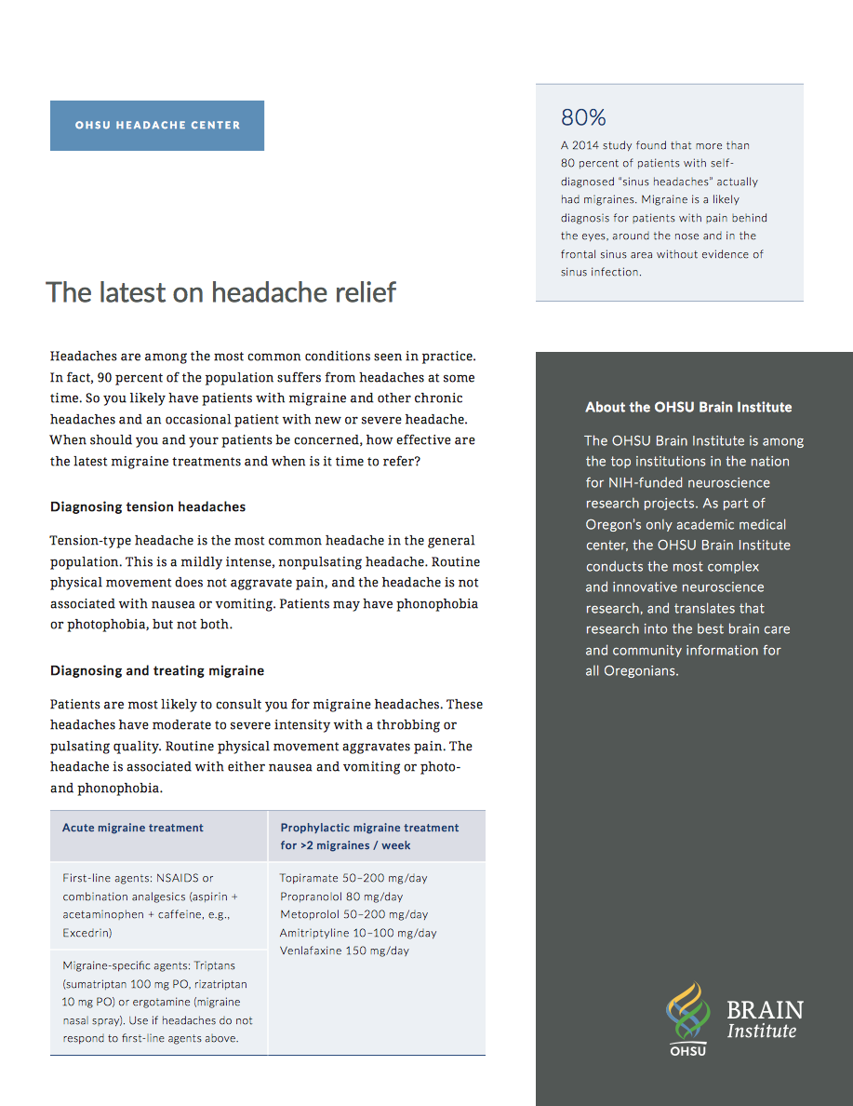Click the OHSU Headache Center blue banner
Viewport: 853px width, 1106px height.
(157, 126)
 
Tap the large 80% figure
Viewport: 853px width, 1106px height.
(583, 118)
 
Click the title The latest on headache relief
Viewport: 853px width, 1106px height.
(221, 292)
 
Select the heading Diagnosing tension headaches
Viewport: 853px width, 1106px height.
(148, 507)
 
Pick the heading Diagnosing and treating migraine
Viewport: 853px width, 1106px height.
(157, 670)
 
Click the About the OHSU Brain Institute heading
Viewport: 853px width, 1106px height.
(688, 407)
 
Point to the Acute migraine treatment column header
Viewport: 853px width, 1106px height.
(133, 828)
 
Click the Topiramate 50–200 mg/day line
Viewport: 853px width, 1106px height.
(353, 878)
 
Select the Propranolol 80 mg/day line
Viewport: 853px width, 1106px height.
(341, 897)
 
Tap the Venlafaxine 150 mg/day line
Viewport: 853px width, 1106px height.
(344, 951)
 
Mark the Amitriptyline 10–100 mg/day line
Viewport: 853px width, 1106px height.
(358, 933)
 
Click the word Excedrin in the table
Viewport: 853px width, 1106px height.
(87, 932)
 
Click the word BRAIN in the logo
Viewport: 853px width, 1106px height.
(764, 1010)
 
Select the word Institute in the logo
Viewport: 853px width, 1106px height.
(761, 1032)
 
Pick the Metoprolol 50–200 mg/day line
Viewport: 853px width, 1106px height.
(353, 914)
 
